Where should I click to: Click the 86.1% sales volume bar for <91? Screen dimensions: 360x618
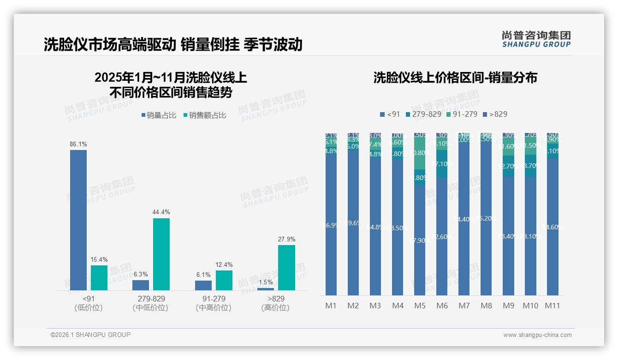coord(78,220)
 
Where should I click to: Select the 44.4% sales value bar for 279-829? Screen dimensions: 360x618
coord(161,254)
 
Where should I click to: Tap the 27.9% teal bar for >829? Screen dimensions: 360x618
coord(286,268)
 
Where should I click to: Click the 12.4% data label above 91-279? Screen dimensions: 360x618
coord(224,265)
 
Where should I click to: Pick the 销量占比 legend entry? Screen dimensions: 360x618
coord(159,115)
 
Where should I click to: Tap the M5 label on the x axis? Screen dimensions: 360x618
coord(420,306)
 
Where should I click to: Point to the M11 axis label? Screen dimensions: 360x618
coord(553,306)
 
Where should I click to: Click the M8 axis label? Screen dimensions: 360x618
coord(486,306)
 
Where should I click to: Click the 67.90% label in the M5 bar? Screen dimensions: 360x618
coord(420,240)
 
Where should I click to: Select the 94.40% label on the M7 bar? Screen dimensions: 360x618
coord(464,219)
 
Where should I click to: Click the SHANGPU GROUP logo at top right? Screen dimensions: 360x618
coord(536,39)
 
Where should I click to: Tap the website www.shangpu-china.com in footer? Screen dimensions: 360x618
coord(537,335)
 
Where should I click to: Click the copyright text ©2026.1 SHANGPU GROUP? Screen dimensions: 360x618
coord(90,335)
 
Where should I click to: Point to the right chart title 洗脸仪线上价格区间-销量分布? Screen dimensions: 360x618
coord(455,78)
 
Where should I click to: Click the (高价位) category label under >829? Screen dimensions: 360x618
coord(275,308)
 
